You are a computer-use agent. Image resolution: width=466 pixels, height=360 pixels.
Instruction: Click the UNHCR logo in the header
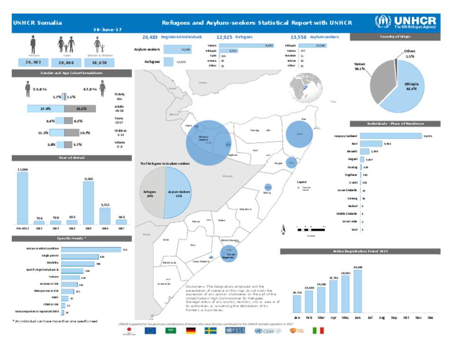405,22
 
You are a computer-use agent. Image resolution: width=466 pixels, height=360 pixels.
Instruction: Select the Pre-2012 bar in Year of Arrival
22,198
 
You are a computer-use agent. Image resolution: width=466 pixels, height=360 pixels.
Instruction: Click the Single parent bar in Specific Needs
80,257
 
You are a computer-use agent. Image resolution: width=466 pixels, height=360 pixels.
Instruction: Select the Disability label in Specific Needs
52,263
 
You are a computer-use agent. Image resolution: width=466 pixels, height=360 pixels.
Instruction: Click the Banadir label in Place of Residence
351,151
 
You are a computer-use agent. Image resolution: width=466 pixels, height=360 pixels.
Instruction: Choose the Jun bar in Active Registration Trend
357,291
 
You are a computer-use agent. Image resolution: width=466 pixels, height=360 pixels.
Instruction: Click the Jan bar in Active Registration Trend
297,304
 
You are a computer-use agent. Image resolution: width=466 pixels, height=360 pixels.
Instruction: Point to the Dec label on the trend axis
430,318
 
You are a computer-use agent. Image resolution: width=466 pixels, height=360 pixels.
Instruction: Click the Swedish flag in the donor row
210,331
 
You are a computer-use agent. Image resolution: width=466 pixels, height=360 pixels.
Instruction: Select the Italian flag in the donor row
318,331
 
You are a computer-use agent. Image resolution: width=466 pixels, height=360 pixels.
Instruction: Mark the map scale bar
310,230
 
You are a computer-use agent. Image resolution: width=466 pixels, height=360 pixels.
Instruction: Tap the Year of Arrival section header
71,158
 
